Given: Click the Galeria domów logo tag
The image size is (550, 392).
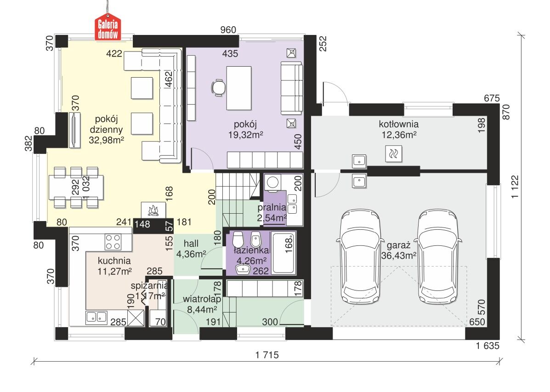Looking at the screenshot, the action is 108,27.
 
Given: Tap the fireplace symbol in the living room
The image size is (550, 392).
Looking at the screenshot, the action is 153,210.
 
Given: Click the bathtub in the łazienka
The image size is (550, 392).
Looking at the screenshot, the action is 284,253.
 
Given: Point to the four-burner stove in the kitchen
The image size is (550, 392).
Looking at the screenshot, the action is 113,242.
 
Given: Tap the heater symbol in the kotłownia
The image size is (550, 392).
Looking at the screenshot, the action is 393,153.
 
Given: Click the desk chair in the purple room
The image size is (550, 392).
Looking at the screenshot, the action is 219,87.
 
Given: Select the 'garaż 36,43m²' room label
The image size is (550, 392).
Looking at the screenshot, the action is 398,250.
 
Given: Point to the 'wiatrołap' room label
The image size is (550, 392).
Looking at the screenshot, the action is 202,299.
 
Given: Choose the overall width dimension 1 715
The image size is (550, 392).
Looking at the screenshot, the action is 267,355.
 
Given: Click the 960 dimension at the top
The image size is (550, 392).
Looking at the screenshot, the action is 228,30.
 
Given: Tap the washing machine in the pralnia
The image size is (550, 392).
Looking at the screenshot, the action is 272,182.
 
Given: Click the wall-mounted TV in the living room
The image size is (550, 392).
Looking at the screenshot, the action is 75,130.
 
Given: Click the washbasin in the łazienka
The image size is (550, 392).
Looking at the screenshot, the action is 243,269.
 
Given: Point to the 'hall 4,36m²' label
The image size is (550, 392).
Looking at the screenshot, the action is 191,249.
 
